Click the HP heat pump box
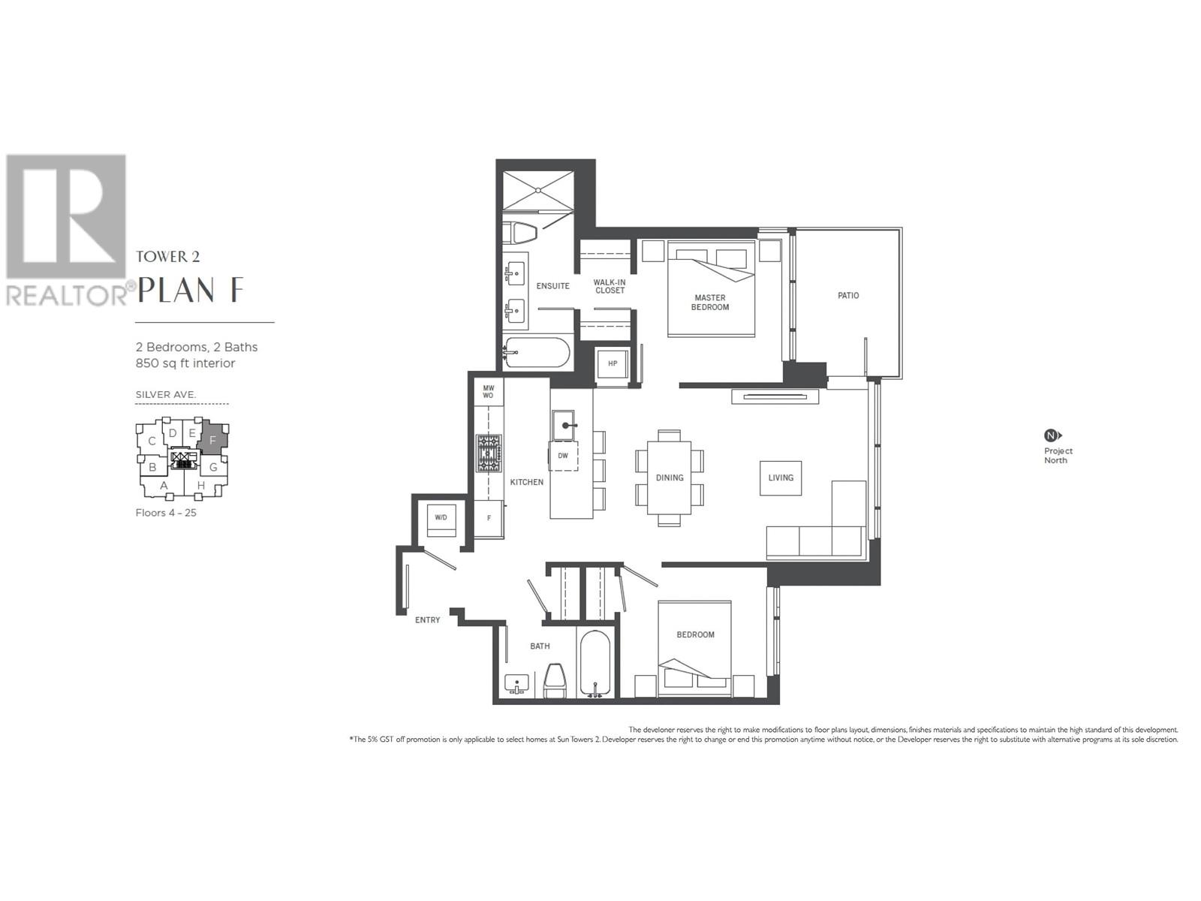pyautogui.click(x=613, y=364)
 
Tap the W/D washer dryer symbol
pyautogui.click(x=441, y=518)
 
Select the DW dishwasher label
pyautogui.click(x=563, y=456)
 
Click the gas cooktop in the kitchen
pyautogui.click(x=489, y=454)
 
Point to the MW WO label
pyautogui.click(x=488, y=391)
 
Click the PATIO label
pyautogui.click(x=848, y=296)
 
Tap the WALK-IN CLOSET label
pyautogui.click(x=609, y=286)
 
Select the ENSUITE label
pyautogui.click(x=552, y=286)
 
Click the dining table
pyautogui.click(x=669, y=478)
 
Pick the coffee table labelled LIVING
pyautogui.click(x=781, y=478)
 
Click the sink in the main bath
pyautogui.click(x=517, y=685)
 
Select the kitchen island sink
pyautogui.click(x=563, y=425)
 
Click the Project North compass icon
pyautogui.click(x=1052, y=435)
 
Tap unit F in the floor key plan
pyautogui.click(x=213, y=440)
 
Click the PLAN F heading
pyautogui.click(x=191, y=290)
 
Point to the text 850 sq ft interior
pyautogui.click(x=185, y=363)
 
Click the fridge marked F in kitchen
pyautogui.click(x=489, y=518)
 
